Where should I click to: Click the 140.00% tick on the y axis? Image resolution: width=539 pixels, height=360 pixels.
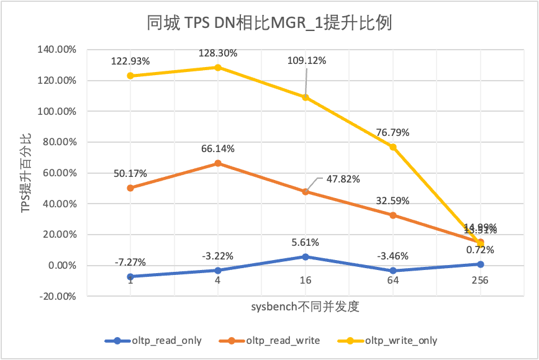point(59,50)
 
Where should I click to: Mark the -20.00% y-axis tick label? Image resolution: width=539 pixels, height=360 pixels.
point(59,296)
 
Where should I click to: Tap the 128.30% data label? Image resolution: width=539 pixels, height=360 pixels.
point(218,53)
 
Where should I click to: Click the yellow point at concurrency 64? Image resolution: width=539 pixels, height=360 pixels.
point(393,147)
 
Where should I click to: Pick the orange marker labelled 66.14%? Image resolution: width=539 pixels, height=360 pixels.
point(218,163)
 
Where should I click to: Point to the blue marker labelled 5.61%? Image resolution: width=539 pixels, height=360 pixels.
point(306,256)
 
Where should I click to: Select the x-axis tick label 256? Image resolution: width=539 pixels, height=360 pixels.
point(480,280)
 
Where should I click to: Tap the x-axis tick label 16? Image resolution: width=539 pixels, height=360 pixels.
point(306,280)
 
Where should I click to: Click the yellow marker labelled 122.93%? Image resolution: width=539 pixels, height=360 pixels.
point(130,76)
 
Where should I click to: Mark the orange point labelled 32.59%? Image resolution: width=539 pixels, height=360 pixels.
point(393,215)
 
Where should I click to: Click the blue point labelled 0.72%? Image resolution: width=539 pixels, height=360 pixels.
point(481,264)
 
